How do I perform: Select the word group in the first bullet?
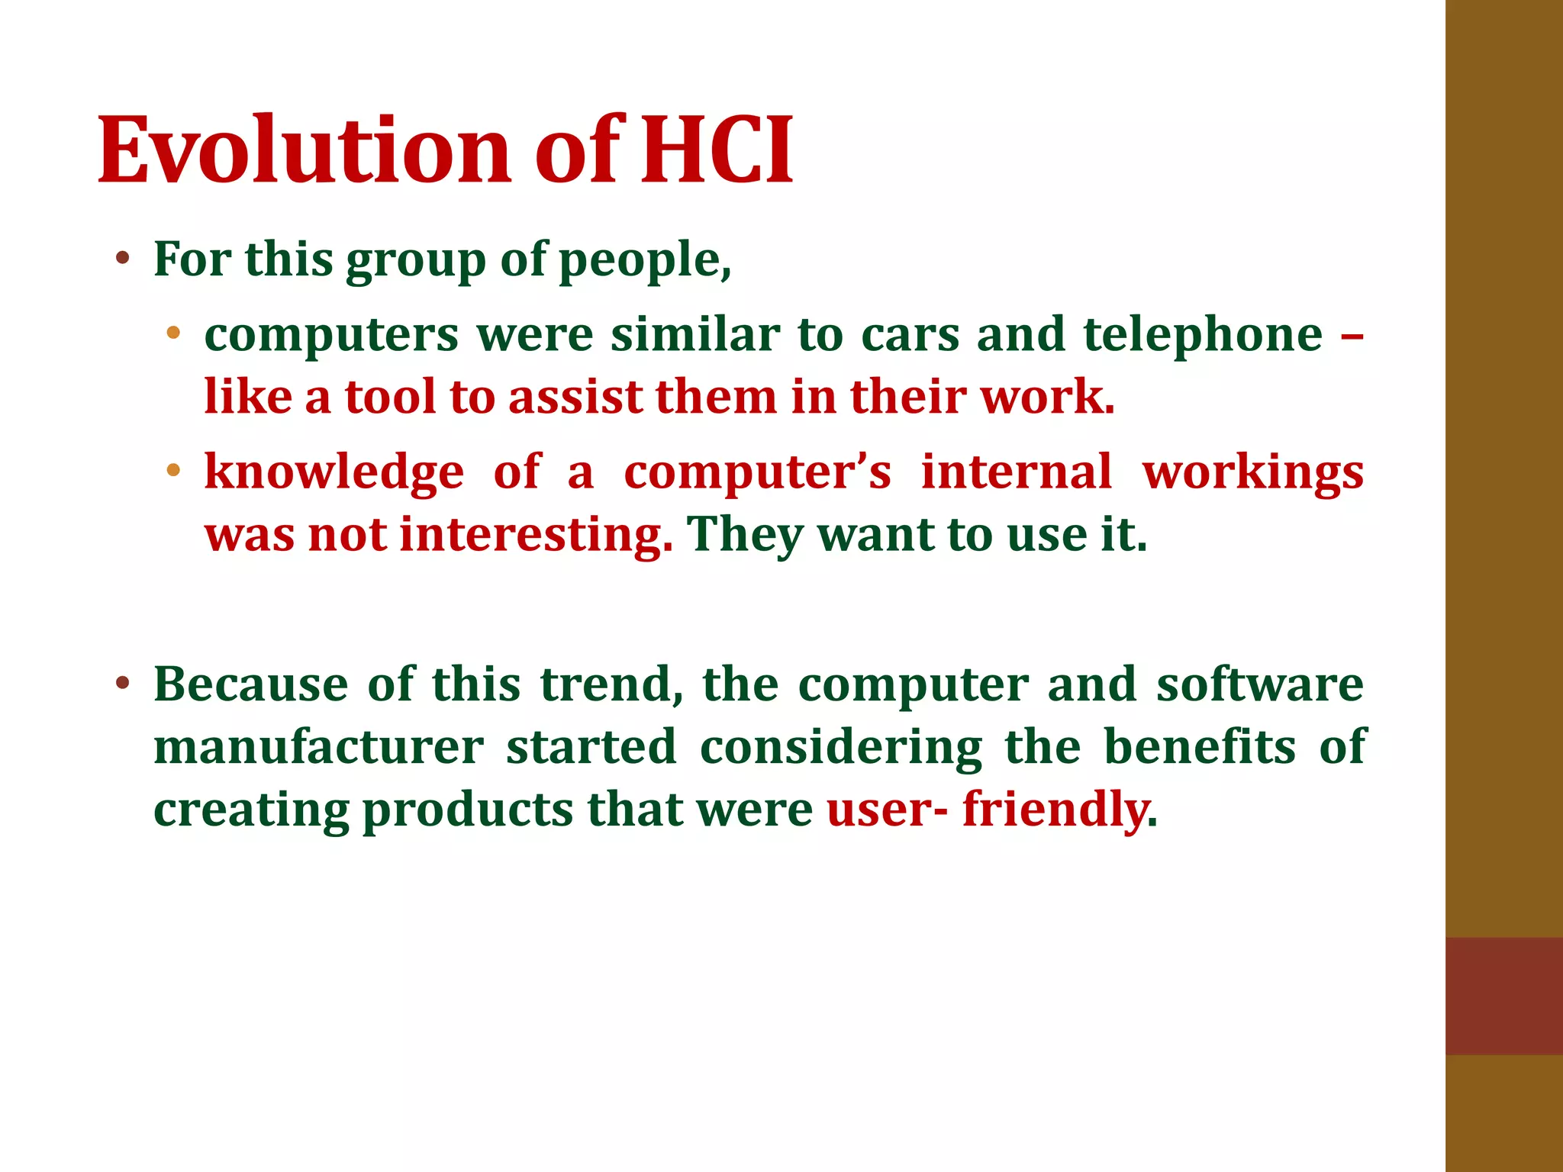(x=415, y=261)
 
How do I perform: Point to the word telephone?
(x=1203, y=335)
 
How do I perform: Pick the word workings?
(x=1252, y=473)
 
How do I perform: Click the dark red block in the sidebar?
(x=1503, y=995)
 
